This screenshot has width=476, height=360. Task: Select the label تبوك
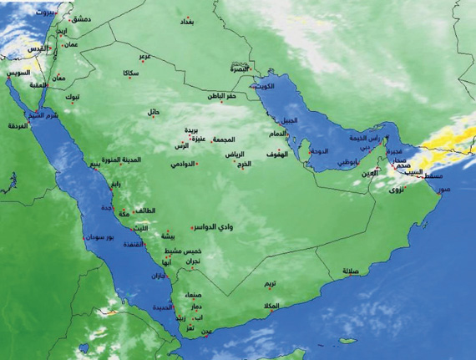tap(74, 98)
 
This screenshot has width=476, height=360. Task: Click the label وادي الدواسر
tap(218, 227)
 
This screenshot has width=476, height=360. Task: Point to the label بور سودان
tap(101, 238)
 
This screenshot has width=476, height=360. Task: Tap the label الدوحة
tap(321, 151)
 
